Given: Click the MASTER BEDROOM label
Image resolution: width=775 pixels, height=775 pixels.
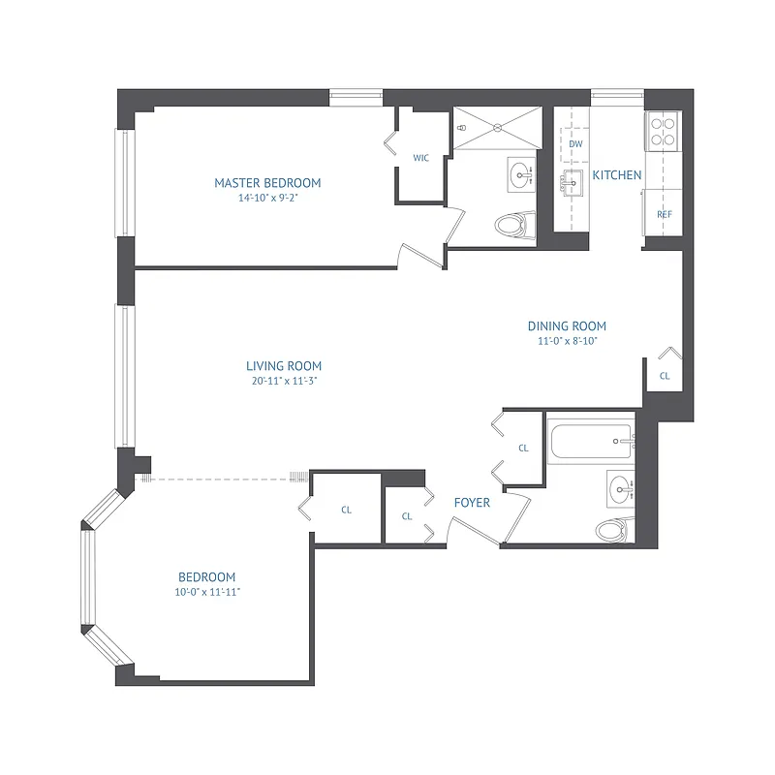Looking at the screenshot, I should tap(267, 182).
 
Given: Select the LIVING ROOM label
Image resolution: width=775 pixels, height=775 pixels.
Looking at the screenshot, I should tap(283, 366).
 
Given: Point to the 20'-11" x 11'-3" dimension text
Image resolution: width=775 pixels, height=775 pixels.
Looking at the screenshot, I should tap(283, 382).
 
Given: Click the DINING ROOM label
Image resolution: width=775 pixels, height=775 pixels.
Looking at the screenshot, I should tap(567, 326).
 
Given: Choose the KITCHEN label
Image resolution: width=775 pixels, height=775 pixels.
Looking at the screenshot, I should tap(617, 175).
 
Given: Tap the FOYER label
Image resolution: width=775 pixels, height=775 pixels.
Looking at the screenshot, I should tap(472, 503).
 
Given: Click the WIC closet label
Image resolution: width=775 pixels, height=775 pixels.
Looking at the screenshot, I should tap(421, 157).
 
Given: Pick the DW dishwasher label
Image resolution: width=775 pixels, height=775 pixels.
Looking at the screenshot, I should tap(575, 144).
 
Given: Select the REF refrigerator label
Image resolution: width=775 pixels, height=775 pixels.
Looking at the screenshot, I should tap(665, 214).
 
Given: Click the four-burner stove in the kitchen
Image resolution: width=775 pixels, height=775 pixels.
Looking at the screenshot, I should tap(664, 131).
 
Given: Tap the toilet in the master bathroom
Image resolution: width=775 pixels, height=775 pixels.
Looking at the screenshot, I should tap(513, 226).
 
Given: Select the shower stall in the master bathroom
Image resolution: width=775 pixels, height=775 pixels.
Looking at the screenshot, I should tap(495, 129).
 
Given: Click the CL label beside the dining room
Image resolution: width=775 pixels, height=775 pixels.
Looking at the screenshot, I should tap(665, 375).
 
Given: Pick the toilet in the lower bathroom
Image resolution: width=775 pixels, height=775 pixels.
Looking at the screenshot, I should tap(610, 530).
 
